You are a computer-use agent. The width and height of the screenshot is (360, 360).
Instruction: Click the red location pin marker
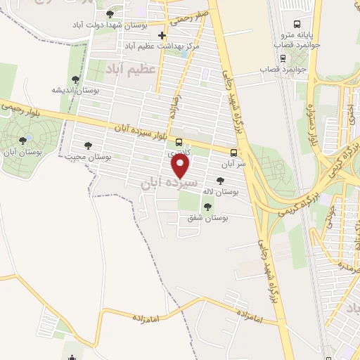pyautogui.click(x=181, y=166)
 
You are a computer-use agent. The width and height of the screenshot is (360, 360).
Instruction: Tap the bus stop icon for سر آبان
pyautogui.click(x=233, y=152)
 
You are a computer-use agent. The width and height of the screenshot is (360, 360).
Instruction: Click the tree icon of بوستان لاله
pyautogui.click(x=230, y=181)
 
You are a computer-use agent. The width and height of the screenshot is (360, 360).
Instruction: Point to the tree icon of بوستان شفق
pyautogui.click(x=207, y=206)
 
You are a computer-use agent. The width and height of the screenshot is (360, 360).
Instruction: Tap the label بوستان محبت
pyautogui.click(x=89, y=156)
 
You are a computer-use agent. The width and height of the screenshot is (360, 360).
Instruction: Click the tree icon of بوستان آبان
pyautogui.click(x=25, y=141)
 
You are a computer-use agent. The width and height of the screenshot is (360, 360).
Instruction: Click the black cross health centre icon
pyautogui.click(x=162, y=34)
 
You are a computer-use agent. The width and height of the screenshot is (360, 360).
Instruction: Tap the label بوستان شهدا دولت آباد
pyautogui.click(x=108, y=25)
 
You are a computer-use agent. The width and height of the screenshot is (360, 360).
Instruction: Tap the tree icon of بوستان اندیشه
pyautogui.click(x=75, y=79)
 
